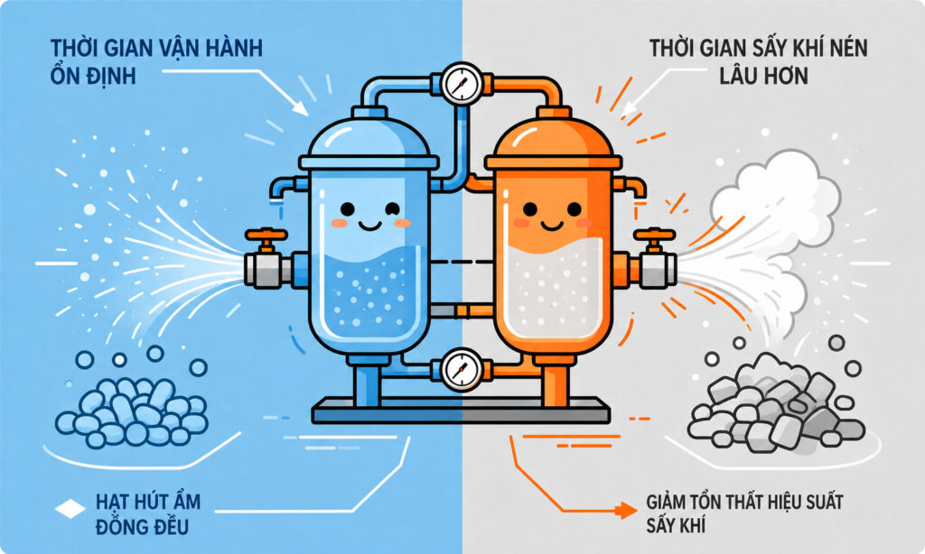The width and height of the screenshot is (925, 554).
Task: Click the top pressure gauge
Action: (x=462, y=84)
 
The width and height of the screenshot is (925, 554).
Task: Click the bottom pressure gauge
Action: (x=462, y=370)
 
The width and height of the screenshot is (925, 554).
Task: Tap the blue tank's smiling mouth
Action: (x=369, y=226)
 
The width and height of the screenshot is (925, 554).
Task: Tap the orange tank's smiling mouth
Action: (x=552, y=226)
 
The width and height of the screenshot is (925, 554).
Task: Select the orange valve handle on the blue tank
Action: (x=266, y=235)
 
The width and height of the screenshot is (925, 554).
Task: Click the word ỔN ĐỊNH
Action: (x=93, y=75)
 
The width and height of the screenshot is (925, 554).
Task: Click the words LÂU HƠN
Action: (x=763, y=76)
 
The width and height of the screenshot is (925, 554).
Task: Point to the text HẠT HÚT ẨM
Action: (x=148, y=502)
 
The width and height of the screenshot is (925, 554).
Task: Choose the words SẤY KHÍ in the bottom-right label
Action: (x=676, y=524)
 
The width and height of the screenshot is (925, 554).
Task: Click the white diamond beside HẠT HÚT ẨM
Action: (x=70, y=509)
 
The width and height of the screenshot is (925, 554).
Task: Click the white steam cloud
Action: (x=773, y=198)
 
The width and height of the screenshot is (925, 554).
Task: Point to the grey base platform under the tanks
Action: (x=460, y=410)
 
